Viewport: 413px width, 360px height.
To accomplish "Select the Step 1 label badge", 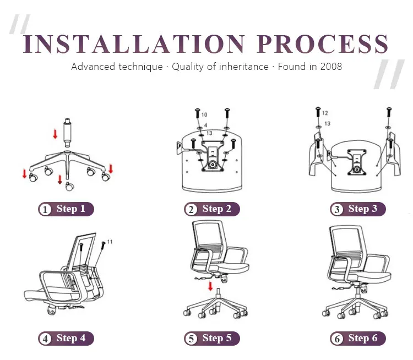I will point(66,209).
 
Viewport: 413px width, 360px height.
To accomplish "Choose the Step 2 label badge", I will point(212,209).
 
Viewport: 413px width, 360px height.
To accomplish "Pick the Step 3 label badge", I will point(358,209).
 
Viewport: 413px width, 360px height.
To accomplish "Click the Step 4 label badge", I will point(66,338).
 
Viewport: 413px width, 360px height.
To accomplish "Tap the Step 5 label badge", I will point(212,338).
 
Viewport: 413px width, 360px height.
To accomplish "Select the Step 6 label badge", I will point(358,338).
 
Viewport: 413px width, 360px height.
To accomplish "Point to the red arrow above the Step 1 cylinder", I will point(55,133).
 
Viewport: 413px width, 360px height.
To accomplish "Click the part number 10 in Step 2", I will point(205,114).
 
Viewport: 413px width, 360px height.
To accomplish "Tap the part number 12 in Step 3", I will point(325,113).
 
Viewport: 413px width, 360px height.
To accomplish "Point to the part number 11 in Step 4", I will point(110,242).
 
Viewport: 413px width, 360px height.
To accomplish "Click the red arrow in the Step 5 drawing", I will point(210,286).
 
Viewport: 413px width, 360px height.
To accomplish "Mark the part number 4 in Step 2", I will point(205,126).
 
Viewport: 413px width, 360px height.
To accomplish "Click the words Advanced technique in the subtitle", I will point(117,67).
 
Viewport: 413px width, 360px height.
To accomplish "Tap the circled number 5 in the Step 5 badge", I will point(191,339).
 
